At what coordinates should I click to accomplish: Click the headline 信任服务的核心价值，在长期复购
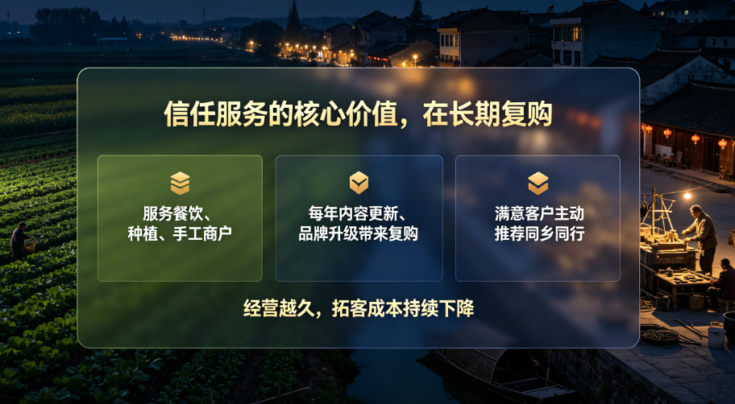coord(358,113)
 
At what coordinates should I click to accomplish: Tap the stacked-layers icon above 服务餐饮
coord(180,183)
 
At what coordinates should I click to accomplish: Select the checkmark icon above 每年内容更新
coord(359,183)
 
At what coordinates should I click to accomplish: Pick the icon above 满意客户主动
coord(538,183)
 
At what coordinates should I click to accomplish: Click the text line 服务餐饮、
coord(176,213)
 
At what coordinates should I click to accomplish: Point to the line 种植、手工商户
coord(180,233)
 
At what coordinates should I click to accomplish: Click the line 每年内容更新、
coord(357,213)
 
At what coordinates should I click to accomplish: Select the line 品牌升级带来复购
coord(358,233)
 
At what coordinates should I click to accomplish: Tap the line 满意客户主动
coord(539,213)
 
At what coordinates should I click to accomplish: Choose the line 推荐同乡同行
coord(539,233)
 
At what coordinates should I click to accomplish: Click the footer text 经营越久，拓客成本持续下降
coord(359,308)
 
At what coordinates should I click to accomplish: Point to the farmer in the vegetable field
coord(19,241)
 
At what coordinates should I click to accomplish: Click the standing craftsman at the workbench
coord(701,237)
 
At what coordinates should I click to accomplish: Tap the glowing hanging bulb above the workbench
coord(687,196)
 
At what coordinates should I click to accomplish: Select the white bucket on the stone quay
coord(716,337)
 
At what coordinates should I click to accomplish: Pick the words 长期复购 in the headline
coord(501,113)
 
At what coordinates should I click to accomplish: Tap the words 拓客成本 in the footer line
coord(367,308)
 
